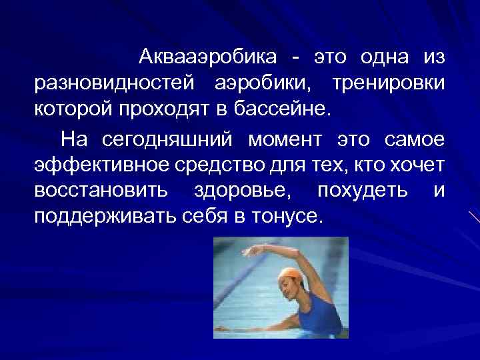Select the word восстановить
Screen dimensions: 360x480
coord(101,191)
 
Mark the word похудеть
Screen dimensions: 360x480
coord(363,191)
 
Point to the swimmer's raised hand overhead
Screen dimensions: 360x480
coord(250,252)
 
